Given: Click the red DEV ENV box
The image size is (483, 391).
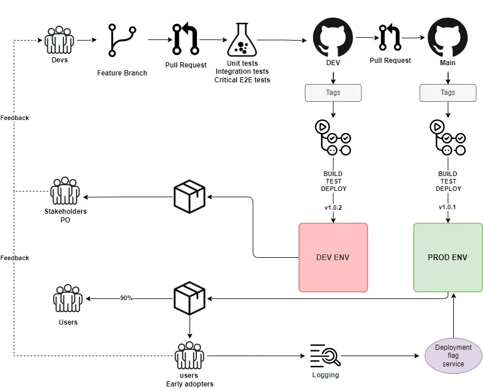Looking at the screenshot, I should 333,257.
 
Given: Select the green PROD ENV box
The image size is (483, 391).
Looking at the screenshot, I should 448,257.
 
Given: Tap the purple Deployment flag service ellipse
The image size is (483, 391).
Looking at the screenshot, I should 453,356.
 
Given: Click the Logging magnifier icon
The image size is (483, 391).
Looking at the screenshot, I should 325,357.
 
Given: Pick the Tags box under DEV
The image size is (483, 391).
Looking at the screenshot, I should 333,93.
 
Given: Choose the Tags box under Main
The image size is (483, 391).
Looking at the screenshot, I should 448,93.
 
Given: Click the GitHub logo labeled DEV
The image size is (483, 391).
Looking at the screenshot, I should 333,39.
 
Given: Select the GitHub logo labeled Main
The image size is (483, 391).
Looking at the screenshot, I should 448,39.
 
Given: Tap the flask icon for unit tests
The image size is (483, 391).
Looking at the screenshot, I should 242,40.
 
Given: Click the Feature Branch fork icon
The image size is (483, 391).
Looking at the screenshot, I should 122,41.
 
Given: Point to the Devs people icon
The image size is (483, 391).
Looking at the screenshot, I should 59,40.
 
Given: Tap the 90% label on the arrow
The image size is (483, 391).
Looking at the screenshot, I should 126,298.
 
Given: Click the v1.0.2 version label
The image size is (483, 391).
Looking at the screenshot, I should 333,208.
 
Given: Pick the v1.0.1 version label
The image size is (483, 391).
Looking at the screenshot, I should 448,208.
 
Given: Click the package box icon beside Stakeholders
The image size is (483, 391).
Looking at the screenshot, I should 189,197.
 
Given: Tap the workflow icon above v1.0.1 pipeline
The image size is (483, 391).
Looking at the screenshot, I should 448,137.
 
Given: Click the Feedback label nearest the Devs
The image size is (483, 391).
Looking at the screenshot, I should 15,118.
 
